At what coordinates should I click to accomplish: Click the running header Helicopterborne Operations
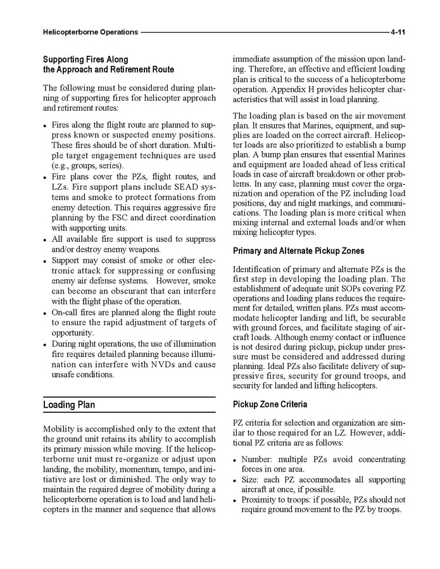(90, 31)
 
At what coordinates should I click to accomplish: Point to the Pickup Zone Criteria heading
(270, 404)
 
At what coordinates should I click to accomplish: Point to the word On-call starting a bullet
(66, 313)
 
